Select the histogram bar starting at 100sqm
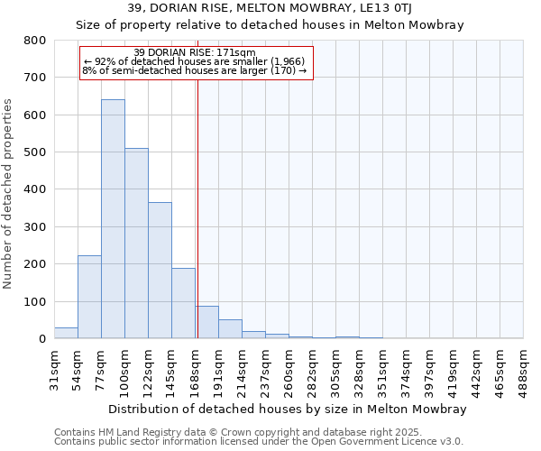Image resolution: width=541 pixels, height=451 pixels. click(136, 244)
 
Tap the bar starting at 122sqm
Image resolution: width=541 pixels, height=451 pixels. click(160, 271)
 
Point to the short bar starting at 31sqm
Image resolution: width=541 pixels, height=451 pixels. click(66, 333)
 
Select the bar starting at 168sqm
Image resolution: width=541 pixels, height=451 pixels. click(206, 323)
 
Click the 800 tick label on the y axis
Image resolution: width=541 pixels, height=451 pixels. click(34, 41)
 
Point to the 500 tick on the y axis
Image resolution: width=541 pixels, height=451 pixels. click(34, 152)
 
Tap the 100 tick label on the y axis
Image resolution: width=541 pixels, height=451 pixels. click(34, 301)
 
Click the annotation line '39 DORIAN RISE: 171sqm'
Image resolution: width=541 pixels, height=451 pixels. click(195, 53)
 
